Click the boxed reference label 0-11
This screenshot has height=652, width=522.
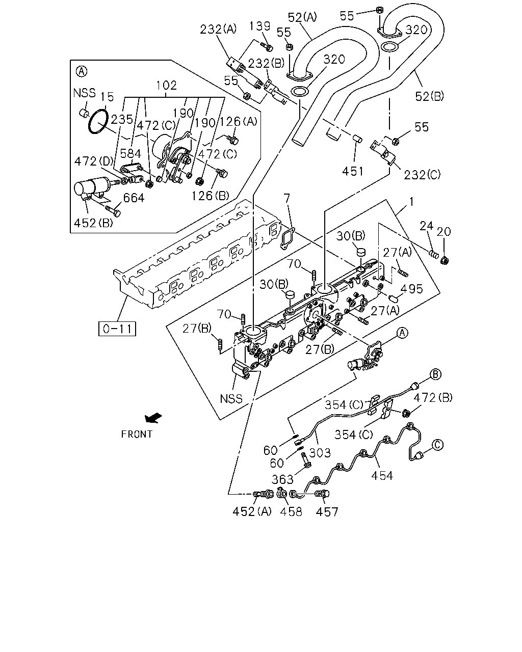pos(117,329)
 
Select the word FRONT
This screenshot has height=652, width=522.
pos(137,434)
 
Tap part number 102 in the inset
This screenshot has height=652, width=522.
pos(166,86)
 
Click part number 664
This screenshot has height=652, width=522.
pos(134,198)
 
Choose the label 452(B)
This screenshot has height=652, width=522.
pos(93,223)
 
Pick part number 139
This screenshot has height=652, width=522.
pos(259,26)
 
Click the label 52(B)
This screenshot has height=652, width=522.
pos(429,96)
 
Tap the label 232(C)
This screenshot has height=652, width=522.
pos(422,175)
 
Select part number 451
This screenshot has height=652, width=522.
pos(353,172)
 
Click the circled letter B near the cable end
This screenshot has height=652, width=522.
pos(435,374)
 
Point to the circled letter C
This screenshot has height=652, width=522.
pos(437,445)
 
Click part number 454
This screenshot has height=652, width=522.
pos(382,476)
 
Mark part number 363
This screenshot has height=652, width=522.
pos(282,479)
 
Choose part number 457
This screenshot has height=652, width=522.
pos(327,512)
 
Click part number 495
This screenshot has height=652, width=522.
pos(411,289)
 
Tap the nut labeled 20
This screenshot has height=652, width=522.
pos(445,260)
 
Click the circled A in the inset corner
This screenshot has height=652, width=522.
pos(81,71)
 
